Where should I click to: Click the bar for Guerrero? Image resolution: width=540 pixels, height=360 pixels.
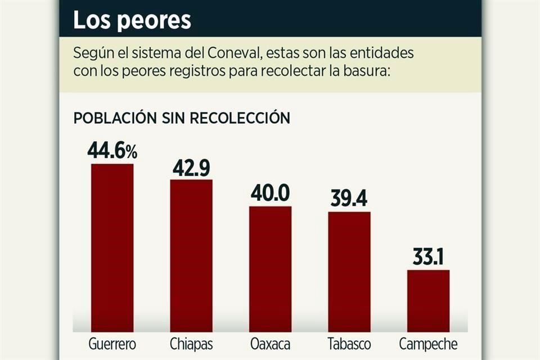112,247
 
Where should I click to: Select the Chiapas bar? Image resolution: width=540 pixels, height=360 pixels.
191,256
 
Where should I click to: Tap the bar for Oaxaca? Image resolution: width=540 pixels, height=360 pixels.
271,269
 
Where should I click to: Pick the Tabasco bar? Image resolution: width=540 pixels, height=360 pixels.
349,272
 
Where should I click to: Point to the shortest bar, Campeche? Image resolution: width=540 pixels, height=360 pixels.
428,301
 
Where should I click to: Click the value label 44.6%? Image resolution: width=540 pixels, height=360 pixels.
112,151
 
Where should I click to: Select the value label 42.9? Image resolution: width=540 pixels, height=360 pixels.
191,167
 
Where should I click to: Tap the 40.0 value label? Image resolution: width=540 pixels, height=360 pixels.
271,193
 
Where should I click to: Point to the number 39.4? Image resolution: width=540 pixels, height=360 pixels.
349,199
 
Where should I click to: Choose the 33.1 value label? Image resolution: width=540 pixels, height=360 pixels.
428,257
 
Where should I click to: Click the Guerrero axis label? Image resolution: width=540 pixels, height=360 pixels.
112,344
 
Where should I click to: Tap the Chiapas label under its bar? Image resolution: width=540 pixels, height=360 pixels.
191,344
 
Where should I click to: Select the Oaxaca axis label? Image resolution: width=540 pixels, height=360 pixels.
271,344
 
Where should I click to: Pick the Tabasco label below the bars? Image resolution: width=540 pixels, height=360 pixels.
349,344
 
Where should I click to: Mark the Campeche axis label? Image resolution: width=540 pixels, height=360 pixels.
428,344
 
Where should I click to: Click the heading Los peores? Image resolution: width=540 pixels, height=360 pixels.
132,20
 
